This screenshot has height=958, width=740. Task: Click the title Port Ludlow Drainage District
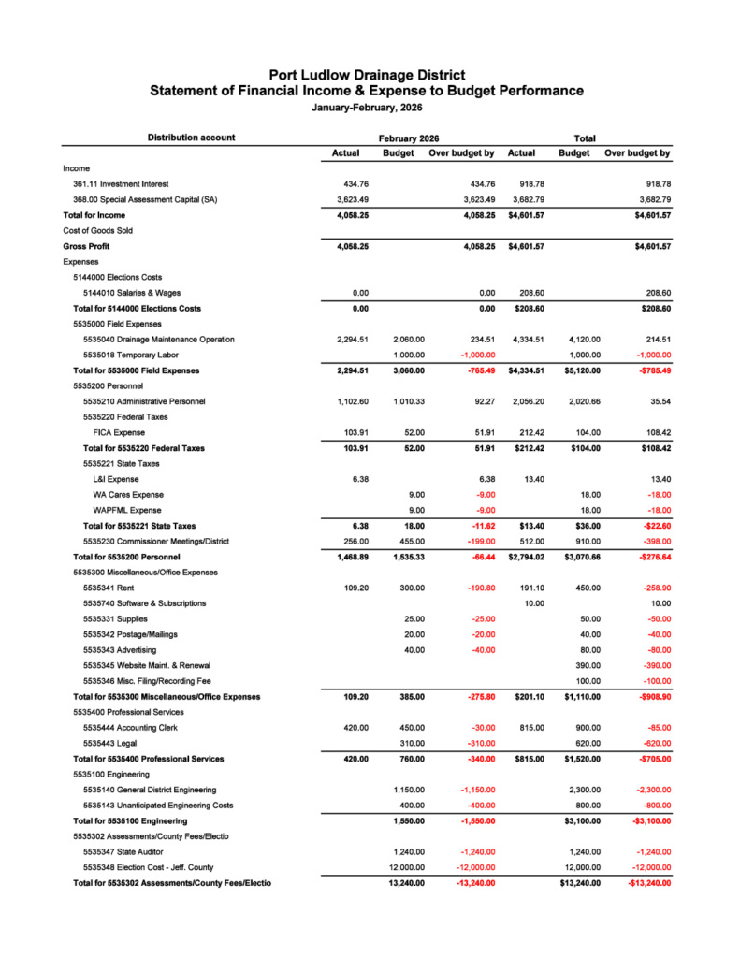pos(367,75)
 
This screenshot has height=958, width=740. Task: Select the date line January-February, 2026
pos(367,108)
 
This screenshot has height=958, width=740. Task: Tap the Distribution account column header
pos(191,138)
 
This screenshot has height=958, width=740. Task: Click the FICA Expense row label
pos(119,432)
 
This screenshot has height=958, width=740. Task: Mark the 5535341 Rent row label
pos(109,588)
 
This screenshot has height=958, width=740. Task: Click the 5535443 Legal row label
pos(110,743)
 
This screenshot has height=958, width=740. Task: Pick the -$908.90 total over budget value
pos(648,696)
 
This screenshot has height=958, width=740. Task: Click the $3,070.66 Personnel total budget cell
pos(579,557)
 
